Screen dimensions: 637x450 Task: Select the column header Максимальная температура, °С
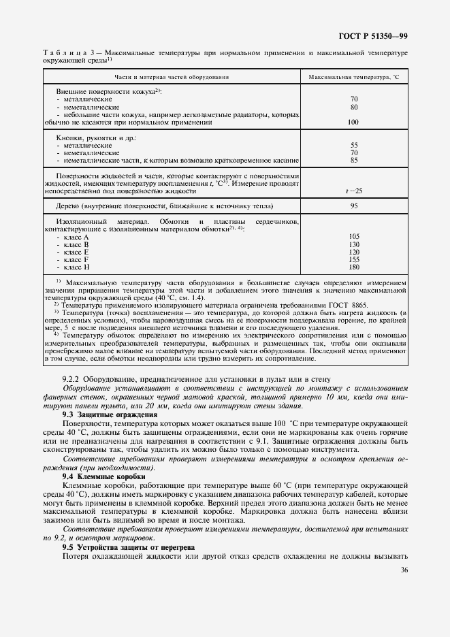[x=353, y=78]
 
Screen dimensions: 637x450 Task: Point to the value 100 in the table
[x=353, y=122]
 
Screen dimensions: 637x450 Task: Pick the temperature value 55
[x=353, y=146]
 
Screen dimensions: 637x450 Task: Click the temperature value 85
[x=353, y=161]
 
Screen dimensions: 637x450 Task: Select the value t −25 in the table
[x=353, y=191]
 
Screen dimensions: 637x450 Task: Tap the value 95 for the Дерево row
[x=353, y=206]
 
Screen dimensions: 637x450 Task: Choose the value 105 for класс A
[x=353, y=236]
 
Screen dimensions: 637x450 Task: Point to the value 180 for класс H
[x=353, y=267]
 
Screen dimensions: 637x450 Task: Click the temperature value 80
[x=353, y=107]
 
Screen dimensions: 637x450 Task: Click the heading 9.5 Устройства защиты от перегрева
[x=129, y=546]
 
